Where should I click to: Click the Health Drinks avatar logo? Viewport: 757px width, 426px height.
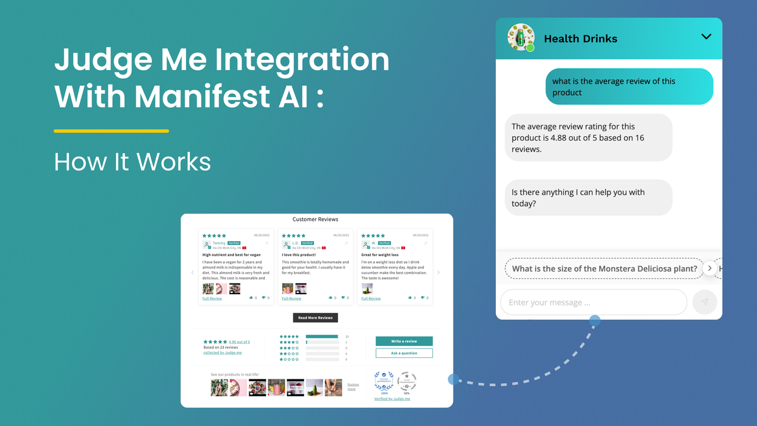[x=521, y=38]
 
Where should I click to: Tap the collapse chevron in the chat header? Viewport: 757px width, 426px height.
[x=706, y=37]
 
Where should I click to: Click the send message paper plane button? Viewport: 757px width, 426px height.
[x=705, y=302]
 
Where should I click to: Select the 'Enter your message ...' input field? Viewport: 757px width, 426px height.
[x=593, y=302]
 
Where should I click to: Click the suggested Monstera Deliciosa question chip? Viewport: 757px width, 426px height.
[x=604, y=269]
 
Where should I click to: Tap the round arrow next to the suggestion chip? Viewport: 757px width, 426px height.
[x=710, y=268]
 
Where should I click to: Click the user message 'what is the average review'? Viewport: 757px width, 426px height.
[x=629, y=86]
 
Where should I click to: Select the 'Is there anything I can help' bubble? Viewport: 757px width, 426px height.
[x=588, y=198]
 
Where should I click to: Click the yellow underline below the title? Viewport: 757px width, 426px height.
[x=111, y=131]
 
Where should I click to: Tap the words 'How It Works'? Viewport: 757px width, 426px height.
[x=132, y=162]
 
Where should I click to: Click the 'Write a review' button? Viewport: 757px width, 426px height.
[x=404, y=341]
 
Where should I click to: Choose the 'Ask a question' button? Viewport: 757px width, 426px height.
[x=404, y=353]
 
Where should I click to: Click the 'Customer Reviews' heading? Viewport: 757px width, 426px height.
[x=315, y=220]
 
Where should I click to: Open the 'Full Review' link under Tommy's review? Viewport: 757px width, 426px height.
[x=212, y=299]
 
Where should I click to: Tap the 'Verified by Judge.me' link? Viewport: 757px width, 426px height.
[x=392, y=399]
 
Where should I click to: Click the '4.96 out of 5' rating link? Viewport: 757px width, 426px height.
[x=239, y=341]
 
